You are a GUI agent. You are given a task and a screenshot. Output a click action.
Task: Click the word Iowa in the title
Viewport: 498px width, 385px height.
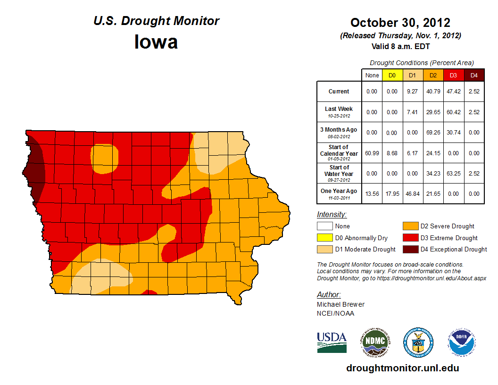pos(156,42)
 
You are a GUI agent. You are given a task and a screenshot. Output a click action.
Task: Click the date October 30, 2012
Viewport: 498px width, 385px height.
pos(400,22)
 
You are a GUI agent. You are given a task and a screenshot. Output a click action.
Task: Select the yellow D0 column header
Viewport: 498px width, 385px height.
pos(392,75)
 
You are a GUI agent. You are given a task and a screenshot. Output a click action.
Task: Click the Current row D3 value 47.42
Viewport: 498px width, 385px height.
pos(453,92)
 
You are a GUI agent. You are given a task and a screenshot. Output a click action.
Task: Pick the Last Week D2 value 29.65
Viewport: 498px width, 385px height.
pos(432,112)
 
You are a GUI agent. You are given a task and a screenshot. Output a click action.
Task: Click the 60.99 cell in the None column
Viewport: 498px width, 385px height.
pos(372,153)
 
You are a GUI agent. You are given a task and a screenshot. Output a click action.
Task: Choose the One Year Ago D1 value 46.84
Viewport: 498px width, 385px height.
pos(412,193)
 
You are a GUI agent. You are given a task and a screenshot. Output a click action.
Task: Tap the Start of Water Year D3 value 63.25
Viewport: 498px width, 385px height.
pos(453,173)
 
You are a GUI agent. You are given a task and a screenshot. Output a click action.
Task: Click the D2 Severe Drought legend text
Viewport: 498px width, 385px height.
pos(448,226)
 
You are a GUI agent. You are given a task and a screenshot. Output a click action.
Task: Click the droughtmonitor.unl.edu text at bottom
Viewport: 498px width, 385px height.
pos(402,368)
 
